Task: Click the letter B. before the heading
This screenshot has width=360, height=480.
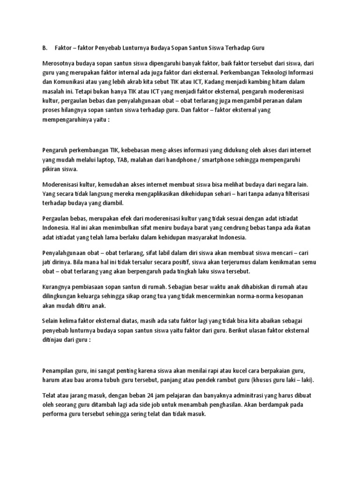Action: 44,48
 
